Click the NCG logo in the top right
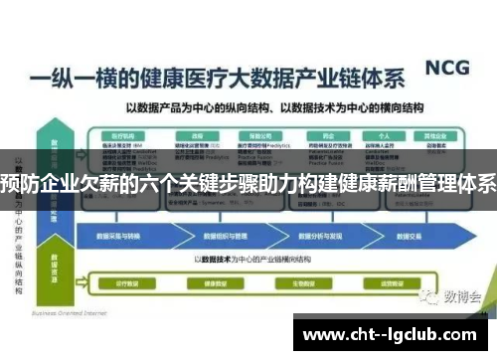(448, 68)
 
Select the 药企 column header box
(183, 133)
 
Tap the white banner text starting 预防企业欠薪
(248, 180)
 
